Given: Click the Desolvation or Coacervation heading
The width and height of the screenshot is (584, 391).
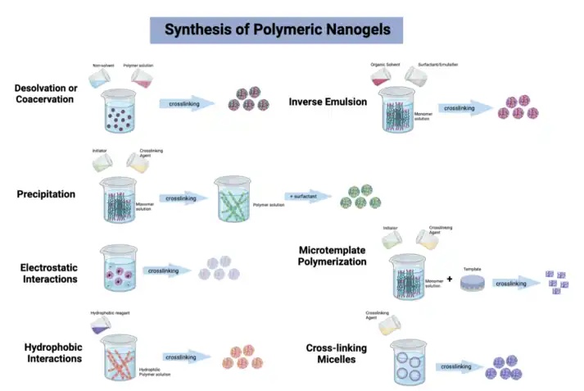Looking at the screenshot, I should pyautogui.click(x=44, y=93).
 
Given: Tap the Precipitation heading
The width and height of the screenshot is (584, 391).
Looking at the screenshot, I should pyautogui.click(x=46, y=194).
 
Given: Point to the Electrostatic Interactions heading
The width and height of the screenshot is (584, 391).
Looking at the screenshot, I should pyautogui.click(x=49, y=273).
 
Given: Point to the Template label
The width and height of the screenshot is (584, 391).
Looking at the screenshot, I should pyautogui.click(x=473, y=269).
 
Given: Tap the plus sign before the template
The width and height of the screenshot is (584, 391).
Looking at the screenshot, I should pyautogui.click(x=450, y=280).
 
